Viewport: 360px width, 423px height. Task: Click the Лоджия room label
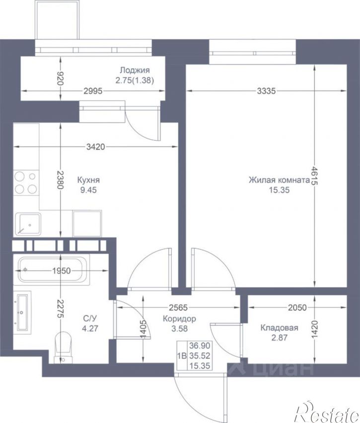tap(135, 71)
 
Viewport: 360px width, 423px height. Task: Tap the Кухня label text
tap(88, 180)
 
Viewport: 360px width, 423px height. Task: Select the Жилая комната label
tap(279, 180)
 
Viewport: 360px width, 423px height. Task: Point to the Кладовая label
tap(279, 328)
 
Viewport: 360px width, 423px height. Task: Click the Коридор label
tap(179, 319)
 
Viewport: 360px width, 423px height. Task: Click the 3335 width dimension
tap(266, 91)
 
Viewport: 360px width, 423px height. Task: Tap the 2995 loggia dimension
tap(93, 91)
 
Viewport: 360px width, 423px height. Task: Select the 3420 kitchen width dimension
tap(95, 147)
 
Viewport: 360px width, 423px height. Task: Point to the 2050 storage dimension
tap(297, 308)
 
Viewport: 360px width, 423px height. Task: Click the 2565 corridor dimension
tap(178, 308)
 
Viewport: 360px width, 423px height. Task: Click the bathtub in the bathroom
tap(51, 270)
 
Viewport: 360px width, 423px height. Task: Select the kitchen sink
tap(28, 224)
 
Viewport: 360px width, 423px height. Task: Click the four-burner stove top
tap(26, 183)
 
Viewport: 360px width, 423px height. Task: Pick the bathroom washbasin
tap(22, 313)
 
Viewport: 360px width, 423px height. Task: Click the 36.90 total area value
tap(200, 345)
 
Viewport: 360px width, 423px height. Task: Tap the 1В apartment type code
tap(182, 356)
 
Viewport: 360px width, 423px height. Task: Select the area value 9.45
tap(88, 190)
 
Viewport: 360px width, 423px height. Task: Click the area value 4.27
tap(90, 329)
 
